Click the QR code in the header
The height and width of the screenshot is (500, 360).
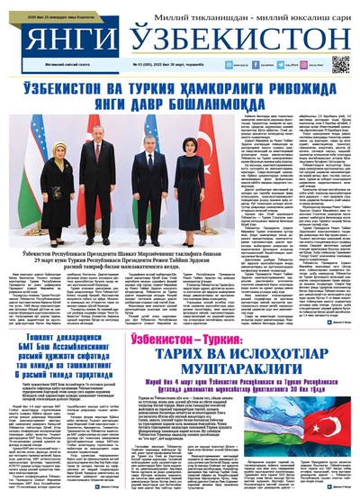click(x=339, y=64)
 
